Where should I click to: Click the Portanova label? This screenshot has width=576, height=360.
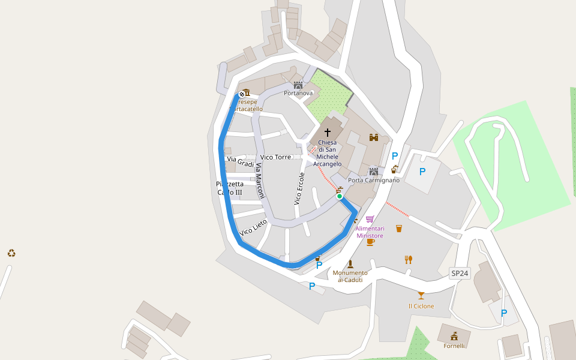tap(298, 94)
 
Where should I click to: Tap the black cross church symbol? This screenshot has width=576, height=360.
tap(328, 132)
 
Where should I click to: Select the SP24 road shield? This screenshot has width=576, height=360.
tap(460, 274)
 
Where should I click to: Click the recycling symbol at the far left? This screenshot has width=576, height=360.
tap(11, 253)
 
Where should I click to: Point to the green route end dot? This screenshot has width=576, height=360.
tap(340, 196)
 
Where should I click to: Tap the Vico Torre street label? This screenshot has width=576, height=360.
tap(276, 157)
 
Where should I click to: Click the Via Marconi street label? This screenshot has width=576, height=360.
tap(260, 181)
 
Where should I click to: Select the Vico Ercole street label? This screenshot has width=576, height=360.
tap(299, 189)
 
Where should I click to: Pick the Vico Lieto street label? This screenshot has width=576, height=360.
tap(253, 227)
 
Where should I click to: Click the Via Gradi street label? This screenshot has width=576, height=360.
tap(241, 161)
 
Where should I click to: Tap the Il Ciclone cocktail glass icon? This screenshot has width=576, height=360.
tap(421, 295)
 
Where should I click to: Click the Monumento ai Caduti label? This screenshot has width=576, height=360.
tap(350, 276)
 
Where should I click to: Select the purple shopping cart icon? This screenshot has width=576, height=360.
tap(370, 219)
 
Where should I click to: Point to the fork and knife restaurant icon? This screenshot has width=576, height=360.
tap(409, 259)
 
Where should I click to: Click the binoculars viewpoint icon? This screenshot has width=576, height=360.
tap(374, 137)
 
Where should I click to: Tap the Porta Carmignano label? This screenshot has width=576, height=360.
tap(374, 180)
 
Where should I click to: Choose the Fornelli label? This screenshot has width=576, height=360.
tap(454, 346)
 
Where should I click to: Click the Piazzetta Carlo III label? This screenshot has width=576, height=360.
tap(230, 188)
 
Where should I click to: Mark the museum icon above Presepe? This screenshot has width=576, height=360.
tap(247, 93)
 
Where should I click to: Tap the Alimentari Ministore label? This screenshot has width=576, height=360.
tap(370, 232)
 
